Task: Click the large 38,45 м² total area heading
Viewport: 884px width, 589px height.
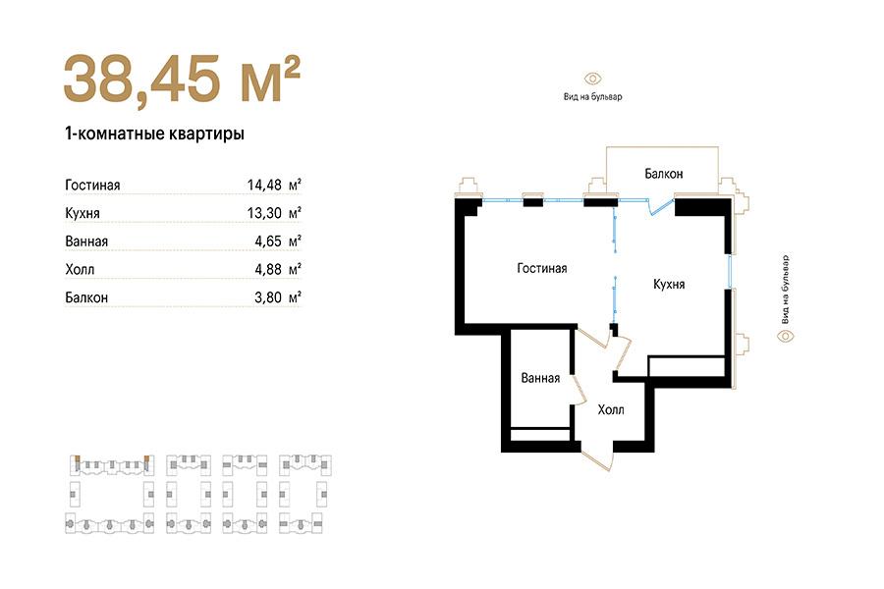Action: tap(182, 79)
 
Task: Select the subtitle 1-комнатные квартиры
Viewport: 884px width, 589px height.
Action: tap(154, 134)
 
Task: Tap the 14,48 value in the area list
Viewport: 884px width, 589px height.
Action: tap(264, 185)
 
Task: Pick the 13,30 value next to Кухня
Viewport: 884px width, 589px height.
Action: tap(264, 212)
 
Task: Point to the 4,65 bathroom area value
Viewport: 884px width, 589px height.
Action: tap(268, 241)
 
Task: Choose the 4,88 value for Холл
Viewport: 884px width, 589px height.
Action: tap(268, 269)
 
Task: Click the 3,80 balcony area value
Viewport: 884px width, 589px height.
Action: tap(268, 297)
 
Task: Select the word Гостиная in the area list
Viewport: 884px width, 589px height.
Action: tap(92, 185)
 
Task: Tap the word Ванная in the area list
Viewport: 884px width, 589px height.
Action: tap(86, 241)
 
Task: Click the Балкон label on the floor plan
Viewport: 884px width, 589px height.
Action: tap(664, 174)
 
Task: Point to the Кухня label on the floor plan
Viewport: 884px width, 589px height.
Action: tap(669, 284)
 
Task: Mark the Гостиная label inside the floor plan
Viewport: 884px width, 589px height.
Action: tap(542, 268)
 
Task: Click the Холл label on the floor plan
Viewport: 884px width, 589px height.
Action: tap(611, 409)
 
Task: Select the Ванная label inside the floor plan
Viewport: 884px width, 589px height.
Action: tap(540, 378)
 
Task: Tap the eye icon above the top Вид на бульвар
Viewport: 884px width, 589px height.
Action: tap(592, 79)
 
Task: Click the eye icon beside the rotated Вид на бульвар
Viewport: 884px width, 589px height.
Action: tap(786, 337)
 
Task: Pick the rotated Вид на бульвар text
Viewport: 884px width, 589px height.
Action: tap(786, 290)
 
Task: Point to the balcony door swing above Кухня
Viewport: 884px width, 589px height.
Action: tap(661, 207)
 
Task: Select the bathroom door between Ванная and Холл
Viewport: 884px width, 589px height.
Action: tap(579, 390)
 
